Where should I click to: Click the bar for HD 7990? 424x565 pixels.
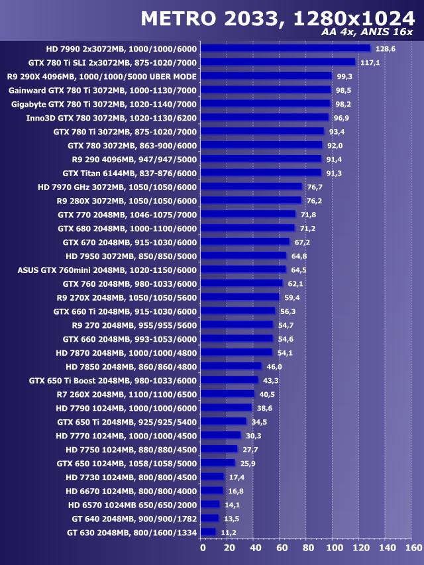(285, 48)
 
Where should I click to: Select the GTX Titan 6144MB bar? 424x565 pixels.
(260, 172)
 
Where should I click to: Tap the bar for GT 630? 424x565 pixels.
(208, 532)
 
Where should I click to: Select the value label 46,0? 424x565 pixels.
(274, 366)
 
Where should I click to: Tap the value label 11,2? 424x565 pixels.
(229, 533)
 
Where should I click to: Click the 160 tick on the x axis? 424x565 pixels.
(413, 548)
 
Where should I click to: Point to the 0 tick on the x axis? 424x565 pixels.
(203, 548)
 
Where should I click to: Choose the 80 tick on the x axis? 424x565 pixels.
(308, 548)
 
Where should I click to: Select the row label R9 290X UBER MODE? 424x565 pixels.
(102, 76)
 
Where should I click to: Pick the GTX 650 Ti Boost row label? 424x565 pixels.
(113, 380)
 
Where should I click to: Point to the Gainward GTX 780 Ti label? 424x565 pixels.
(103, 90)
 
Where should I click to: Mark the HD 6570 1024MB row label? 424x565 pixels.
(132, 504)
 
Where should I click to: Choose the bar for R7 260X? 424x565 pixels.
(227, 393)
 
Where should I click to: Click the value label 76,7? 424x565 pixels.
(315, 187)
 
